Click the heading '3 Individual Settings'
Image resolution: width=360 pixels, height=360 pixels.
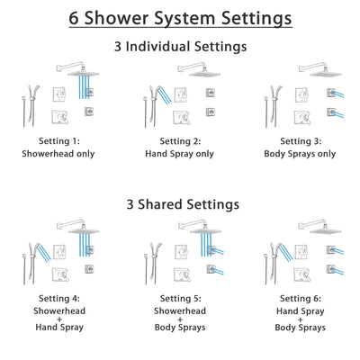point(180,45)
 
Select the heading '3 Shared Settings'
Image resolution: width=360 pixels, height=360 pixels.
point(180,203)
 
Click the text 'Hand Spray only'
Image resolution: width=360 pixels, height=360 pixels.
point(180,153)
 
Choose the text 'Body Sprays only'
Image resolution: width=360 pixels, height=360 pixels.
point(293,153)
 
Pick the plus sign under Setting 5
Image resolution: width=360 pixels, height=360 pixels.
point(180,318)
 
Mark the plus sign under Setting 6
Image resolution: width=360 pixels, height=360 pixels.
point(293,318)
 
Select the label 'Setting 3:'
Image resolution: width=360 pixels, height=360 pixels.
point(293,141)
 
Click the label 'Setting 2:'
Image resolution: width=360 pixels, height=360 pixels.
point(180,141)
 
